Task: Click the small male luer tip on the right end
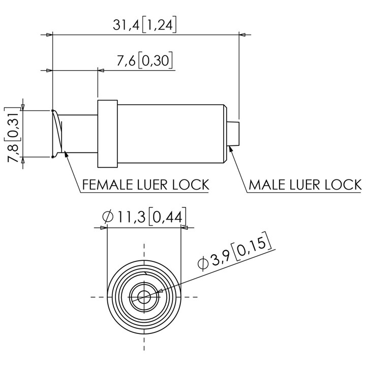point(233,134)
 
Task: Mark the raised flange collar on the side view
point(107,134)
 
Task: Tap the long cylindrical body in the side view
point(171,134)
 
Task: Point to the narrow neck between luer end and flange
point(81,133)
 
